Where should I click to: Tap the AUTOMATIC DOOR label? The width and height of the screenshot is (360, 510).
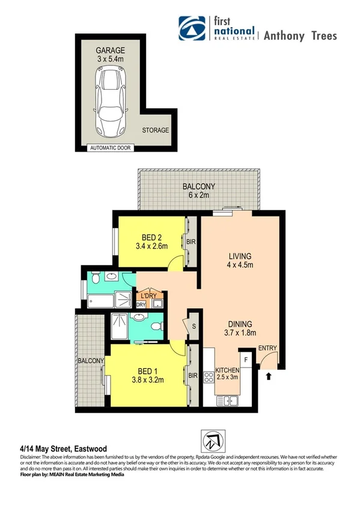point(111,147)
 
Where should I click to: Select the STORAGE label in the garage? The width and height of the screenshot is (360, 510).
point(155,130)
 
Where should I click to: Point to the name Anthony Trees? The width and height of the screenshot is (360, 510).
point(299,35)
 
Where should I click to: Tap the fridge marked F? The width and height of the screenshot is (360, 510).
point(247,360)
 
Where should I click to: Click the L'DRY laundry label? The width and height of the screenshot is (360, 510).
point(148,296)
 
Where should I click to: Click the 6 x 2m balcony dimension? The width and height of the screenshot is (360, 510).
point(198,195)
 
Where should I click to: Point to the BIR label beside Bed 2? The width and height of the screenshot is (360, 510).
point(191,242)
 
